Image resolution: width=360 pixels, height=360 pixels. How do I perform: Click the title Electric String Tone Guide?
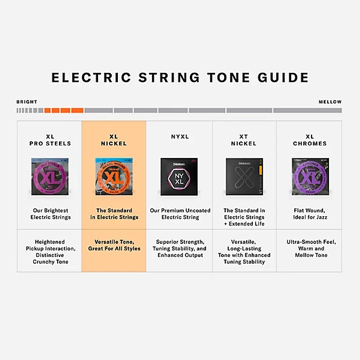(180, 77)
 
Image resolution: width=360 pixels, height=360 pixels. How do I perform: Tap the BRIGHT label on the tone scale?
(27, 102)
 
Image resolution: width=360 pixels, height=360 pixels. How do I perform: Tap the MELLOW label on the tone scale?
(330, 102)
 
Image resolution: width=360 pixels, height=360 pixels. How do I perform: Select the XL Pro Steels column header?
(50, 140)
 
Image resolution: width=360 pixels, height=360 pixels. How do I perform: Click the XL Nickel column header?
(114, 140)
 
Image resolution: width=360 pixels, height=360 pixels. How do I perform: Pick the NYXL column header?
(180, 137)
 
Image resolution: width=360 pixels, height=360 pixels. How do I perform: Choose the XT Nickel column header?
(243, 140)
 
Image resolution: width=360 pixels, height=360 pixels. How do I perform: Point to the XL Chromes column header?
(310, 140)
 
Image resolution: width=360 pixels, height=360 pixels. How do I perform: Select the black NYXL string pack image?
(180, 176)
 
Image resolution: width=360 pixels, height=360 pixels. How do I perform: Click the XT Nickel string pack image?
(244, 176)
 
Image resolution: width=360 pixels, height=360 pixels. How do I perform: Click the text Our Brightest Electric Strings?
(50, 214)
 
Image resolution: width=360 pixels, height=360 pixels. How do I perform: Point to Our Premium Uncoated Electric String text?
(180, 214)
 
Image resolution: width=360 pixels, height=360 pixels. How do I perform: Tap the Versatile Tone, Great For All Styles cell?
(114, 245)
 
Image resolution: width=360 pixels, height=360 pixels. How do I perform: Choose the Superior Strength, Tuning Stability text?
(180, 248)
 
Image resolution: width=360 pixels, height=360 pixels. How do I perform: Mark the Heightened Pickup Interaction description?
(50, 252)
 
